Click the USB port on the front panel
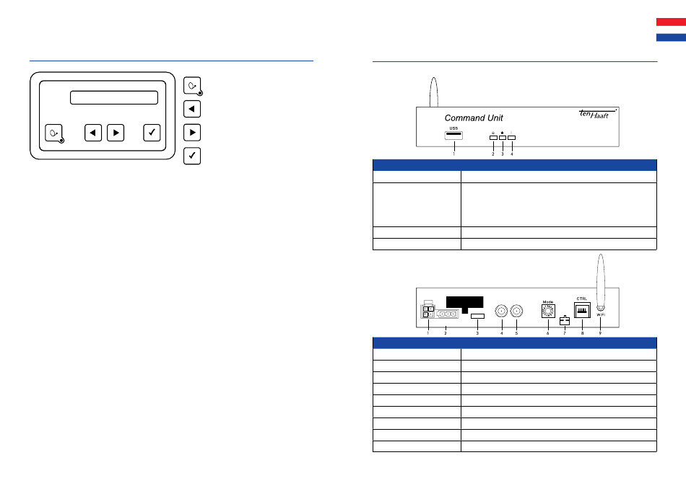453,136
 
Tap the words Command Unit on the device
473,118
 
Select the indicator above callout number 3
503,137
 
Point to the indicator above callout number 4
512,137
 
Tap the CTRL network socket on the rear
582,311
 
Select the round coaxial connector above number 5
517,312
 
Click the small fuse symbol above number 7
565,321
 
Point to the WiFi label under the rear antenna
600,315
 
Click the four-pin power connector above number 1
428,312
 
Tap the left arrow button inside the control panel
93,133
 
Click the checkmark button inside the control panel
152,133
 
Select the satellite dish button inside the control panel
54,133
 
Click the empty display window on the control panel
113,98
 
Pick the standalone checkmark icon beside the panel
192,156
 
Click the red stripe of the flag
671,22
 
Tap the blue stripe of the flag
671,37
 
